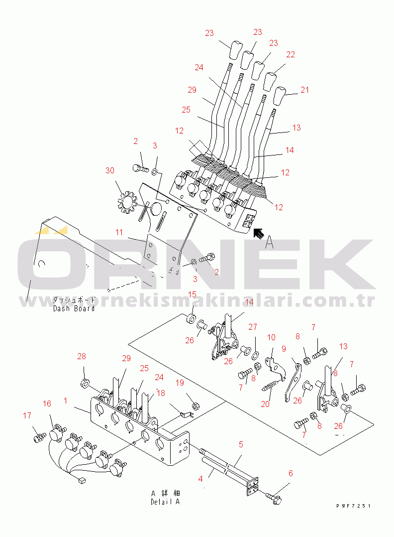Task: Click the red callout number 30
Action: pos(110,170)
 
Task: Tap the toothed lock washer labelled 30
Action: pos(126,203)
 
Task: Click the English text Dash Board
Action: pos(74,308)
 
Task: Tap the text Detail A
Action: pos(165,502)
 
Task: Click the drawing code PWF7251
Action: pos(353,506)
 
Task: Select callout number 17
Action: pos(27,415)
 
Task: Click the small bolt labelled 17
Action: pos(40,437)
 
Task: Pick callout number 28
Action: pos(82,356)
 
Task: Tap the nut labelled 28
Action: pos(85,383)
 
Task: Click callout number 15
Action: pos(192,294)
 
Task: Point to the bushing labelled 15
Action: pos(191,318)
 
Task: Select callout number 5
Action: pos(241,444)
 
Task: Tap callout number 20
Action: pos(265,404)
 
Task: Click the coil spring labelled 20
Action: pos(271,385)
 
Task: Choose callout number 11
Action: pos(119,232)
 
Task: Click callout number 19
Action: pos(180,383)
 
